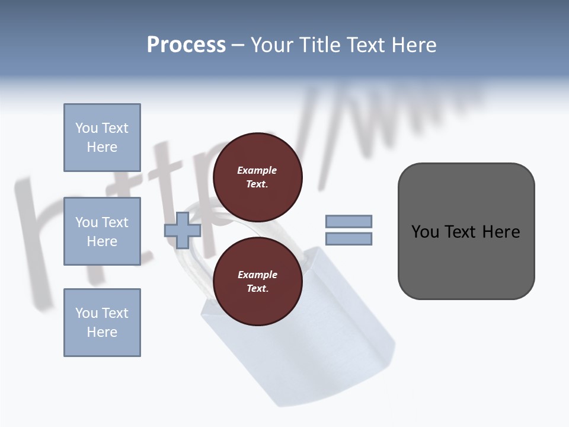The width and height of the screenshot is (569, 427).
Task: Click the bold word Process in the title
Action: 186,45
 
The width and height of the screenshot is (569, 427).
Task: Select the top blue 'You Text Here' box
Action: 102,138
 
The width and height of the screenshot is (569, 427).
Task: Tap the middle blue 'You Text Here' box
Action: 102,231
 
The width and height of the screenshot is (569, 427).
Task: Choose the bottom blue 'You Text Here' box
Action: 102,323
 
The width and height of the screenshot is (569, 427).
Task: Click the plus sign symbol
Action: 183,230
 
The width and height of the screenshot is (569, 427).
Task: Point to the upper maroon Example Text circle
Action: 257,177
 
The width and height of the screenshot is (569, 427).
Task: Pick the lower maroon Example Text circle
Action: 257,282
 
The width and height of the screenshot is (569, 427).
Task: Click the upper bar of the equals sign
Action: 349,221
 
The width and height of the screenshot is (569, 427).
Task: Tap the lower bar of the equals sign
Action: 349,239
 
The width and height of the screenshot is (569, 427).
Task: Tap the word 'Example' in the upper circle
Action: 257,170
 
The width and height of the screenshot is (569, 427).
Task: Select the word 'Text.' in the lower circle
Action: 257,289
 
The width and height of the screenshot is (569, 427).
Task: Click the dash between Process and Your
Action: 238,46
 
